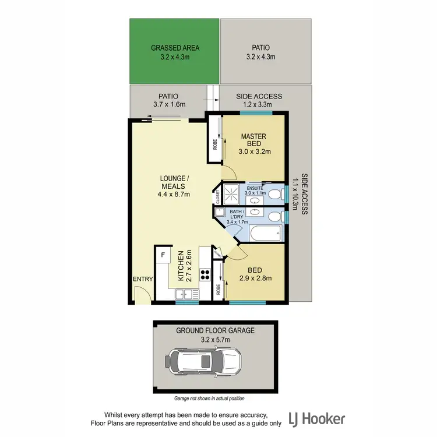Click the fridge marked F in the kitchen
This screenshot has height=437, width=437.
pyautogui.click(x=163, y=255)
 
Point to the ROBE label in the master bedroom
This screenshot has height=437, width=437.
pyautogui.click(x=214, y=142)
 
